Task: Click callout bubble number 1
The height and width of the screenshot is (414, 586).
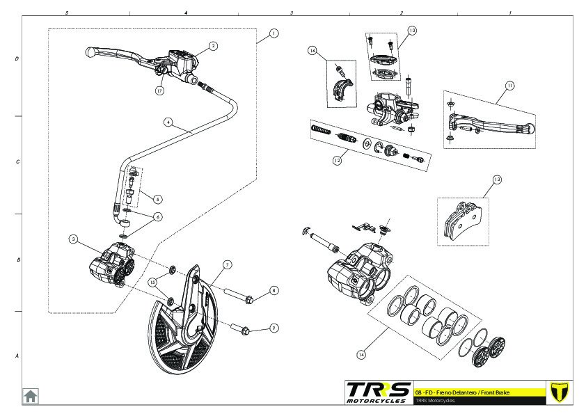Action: tap(274, 33)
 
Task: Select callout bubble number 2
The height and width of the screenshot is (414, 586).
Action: tap(213, 46)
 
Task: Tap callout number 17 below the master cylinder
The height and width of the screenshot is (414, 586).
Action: tap(159, 90)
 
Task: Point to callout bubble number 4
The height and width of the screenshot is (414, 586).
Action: tap(168, 121)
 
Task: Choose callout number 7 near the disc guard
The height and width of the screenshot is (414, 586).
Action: tap(227, 264)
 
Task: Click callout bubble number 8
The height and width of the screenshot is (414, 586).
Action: tap(274, 291)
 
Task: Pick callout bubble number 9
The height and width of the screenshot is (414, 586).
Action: tap(274, 327)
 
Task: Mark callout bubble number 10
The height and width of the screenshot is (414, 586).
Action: tap(412, 31)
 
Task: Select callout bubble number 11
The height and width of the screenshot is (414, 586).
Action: tap(509, 86)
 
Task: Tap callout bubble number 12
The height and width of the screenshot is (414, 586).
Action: tap(336, 159)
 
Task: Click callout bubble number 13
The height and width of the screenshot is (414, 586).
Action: tap(496, 180)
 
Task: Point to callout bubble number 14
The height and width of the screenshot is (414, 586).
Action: tap(361, 354)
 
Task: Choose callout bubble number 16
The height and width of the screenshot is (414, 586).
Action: tap(312, 51)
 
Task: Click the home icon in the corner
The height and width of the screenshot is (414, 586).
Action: tap(31, 396)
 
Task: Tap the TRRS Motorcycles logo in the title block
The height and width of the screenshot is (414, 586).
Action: tap(378, 392)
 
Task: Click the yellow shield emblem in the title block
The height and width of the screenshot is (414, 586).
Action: tap(559, 392)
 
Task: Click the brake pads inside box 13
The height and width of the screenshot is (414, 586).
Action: tap(463, 221)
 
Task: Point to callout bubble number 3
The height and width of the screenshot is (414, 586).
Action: tap(72, 239)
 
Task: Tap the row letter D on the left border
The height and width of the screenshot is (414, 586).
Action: tap(17, 59)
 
